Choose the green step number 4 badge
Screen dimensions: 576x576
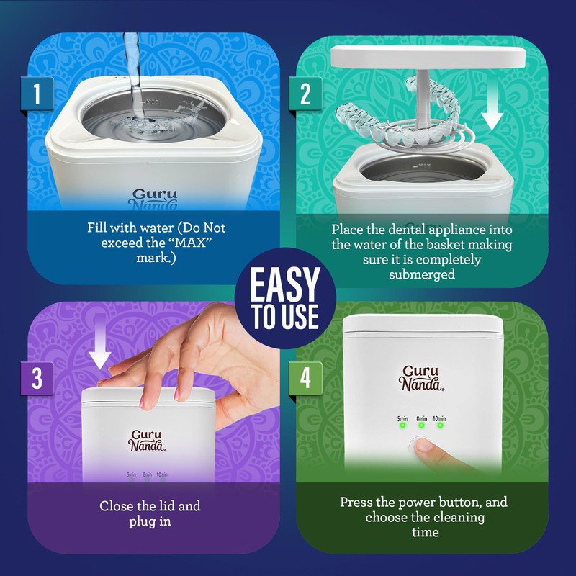coord(305,379)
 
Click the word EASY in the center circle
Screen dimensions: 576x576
coord(284,285)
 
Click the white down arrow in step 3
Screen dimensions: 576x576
coord(101,354)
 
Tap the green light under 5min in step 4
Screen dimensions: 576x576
coord(402,425)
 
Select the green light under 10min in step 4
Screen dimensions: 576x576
coord(440,425)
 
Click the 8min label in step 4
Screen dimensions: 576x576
coord(421,417)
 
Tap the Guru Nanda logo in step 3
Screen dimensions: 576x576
coord(148,440)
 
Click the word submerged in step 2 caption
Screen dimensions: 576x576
coord(422,274)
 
